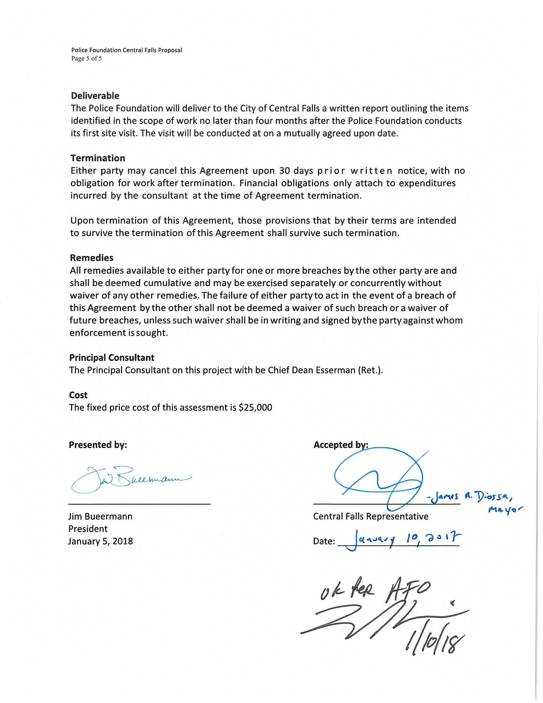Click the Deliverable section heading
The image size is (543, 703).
[x=95, y=96]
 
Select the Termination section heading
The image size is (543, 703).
[x=98, y=158]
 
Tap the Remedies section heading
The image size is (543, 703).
[x=92, y=258]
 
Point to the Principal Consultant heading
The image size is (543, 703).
[x=111, y=358]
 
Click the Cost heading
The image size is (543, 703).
[x=78, y=395]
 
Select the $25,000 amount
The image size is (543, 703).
[x=255, y=407]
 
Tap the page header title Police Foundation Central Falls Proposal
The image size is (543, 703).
[x=126, y=50]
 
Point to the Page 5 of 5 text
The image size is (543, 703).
[x=86, y=58]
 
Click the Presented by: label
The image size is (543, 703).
[x=98, y=445]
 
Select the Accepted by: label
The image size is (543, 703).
[x=340, y=445]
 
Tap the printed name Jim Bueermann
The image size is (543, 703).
[x=100, y=517]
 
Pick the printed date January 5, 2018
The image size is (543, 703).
[x=100, y=541]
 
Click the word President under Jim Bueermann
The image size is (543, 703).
[x=88, y=529]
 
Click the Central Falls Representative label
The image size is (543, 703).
[x=371, y=517]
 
